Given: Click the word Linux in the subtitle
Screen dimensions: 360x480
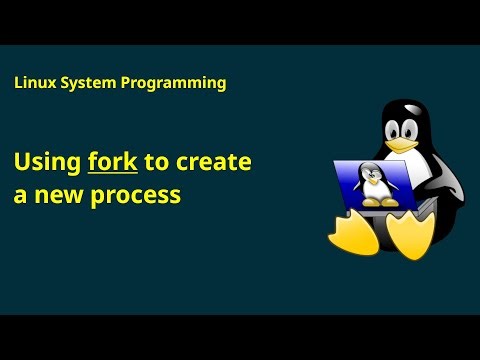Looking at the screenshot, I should pos(34,83).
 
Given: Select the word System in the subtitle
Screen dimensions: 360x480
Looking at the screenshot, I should pos(86,83).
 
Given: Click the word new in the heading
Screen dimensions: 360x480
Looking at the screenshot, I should pos(62,195).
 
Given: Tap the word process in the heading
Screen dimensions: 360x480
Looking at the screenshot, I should pos(137,196).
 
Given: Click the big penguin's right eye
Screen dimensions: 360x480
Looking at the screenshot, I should pos(412,125).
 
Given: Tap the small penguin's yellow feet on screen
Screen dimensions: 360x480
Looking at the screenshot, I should pos(371,202).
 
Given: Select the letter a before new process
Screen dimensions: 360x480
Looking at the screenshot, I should pos(20,196).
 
